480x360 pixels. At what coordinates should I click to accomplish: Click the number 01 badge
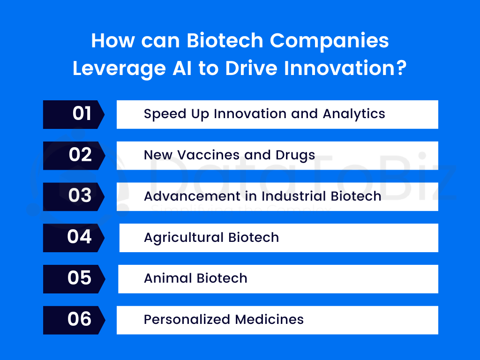(x=74, y=114)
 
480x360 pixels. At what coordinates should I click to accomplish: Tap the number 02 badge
(x=74, y=156)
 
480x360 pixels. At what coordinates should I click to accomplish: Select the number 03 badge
(x=74, y=197)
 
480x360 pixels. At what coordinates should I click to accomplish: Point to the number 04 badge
(x=74, y=238)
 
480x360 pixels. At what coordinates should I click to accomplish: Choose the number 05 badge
(x=74, y=279)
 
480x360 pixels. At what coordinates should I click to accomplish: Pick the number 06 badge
(x=74, y=320)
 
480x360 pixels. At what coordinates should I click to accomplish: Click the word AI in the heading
(x=182, y=68)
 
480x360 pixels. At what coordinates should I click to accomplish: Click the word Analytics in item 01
(x=354, y=114)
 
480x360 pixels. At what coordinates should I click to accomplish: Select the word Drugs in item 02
(x=295, y=156)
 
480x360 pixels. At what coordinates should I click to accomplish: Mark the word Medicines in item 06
(x=270, y=320)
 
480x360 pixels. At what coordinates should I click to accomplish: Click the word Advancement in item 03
(x=192, y=196)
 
